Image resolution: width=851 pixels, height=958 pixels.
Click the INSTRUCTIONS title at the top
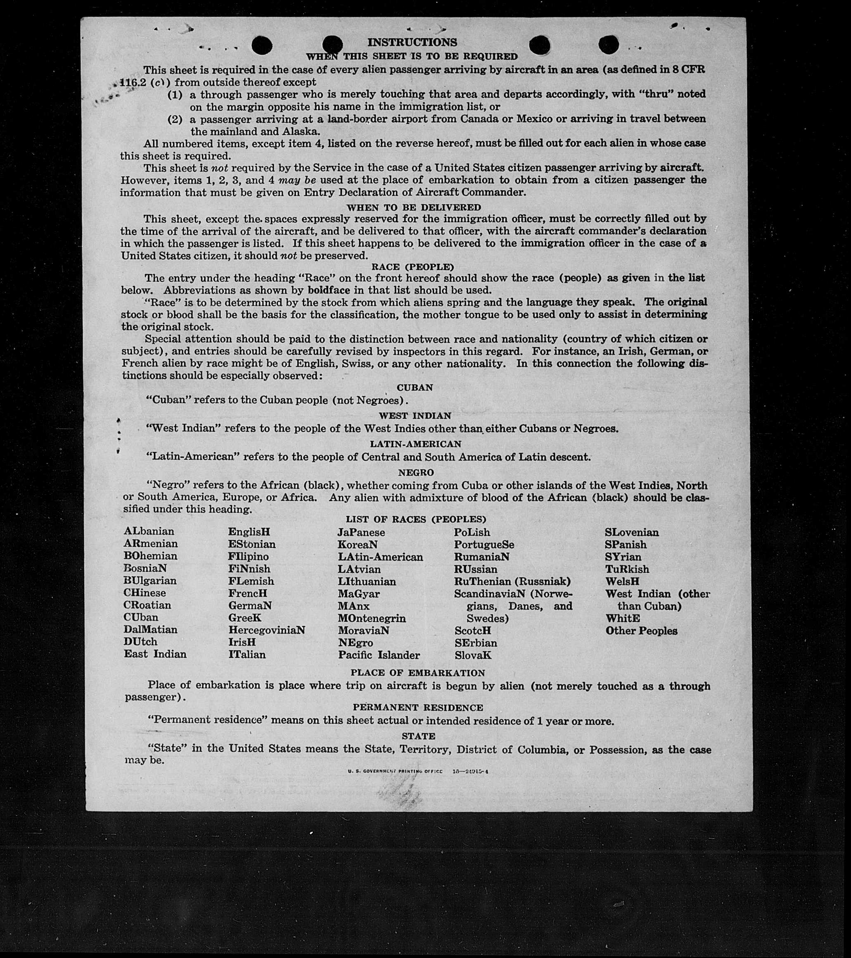coord(412,43)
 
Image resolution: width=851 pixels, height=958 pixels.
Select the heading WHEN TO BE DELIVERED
coord(414,207)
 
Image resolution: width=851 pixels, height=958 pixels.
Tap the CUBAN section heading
coord(415,388)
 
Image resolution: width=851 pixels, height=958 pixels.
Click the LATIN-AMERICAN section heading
coord(416,444)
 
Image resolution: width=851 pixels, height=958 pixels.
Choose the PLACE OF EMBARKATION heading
coord(417,673)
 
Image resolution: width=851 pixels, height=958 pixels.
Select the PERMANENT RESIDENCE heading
coord(418,708)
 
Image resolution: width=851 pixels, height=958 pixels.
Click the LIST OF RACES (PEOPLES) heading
coord(416,519)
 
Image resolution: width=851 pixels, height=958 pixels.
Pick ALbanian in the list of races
coord(149,531)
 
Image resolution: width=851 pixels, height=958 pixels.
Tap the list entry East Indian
coord(155,654)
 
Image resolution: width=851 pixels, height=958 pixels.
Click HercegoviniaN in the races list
coord(267,631)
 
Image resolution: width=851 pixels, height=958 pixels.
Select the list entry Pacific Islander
coord(379,655)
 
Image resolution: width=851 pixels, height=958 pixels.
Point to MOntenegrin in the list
coord(372,618)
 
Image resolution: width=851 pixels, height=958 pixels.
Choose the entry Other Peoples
coord(641,631)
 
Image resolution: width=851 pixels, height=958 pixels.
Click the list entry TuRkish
coord(627,569)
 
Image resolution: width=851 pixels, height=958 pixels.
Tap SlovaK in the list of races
coord(473,655)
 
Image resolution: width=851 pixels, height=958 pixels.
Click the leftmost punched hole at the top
coord(262,45)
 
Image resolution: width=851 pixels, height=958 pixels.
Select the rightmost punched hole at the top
coord(608,45)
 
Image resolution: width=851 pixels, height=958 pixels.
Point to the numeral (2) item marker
coord(175,119)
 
